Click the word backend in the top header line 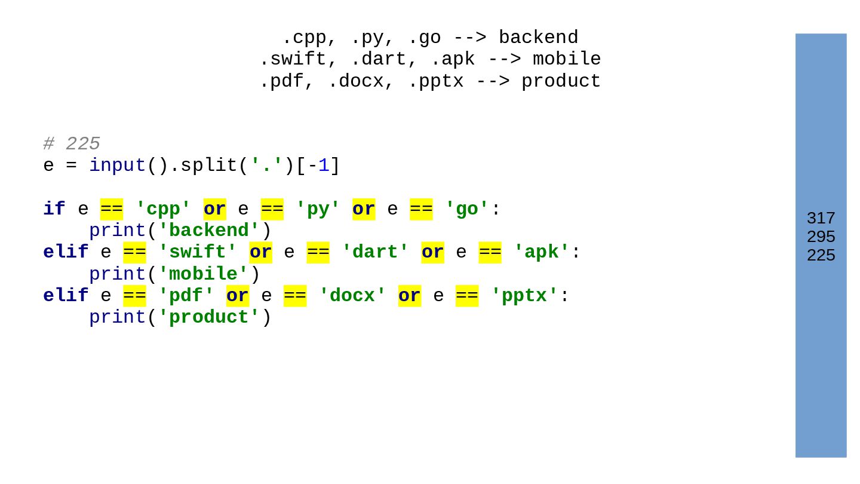point(538,38)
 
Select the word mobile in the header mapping point(566,59)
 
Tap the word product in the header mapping point(561,81)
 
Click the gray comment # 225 point(72,144)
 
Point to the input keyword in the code point(117,166)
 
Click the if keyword point(54,209)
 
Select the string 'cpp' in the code point(163,209)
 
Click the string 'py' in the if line point(318,209)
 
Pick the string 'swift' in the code point(197,252)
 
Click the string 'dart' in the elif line point(375,252)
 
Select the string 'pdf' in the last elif point(186,296)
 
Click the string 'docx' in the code point(352,296)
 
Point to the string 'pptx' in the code point(524,296)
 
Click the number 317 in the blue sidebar point(821,218)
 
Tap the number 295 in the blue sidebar point(821,237)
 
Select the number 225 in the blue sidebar point(821,255)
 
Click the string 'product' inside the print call point(209,317)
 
